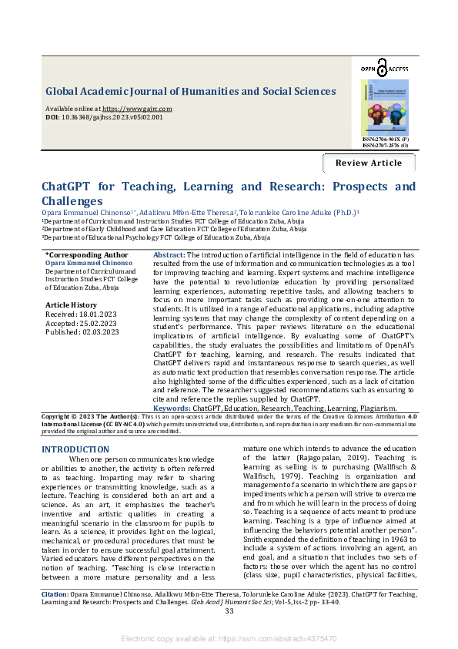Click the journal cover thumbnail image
point(384,108)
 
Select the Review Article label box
point(369,163)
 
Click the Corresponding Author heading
point(86,254)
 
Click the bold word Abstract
point(169,254)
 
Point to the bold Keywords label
point(172,407)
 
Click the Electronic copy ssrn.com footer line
point(229,639)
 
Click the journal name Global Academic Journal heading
point(190,91)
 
